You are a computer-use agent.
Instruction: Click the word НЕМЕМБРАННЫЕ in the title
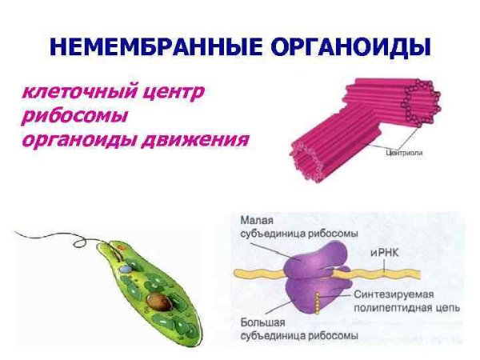[144, 47]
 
